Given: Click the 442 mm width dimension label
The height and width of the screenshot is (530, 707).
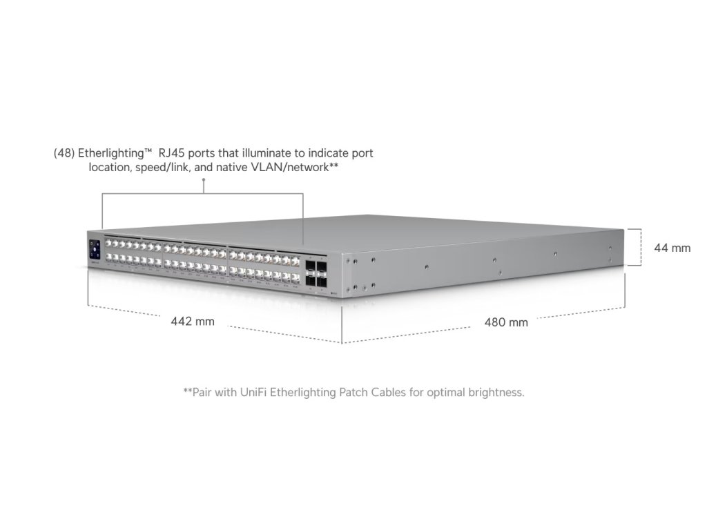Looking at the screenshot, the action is (193, 321).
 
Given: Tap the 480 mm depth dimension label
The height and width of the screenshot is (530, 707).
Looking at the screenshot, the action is (506, 322).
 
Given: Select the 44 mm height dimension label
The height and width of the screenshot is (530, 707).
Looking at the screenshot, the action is (672, 248).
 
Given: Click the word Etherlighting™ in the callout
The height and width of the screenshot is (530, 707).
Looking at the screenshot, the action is (110, 153).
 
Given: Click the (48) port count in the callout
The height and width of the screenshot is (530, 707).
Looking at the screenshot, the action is (64, 153).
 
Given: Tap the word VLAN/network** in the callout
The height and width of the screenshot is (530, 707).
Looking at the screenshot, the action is (301, 168).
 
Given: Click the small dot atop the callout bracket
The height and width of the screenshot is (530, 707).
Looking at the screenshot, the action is (203, 181).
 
